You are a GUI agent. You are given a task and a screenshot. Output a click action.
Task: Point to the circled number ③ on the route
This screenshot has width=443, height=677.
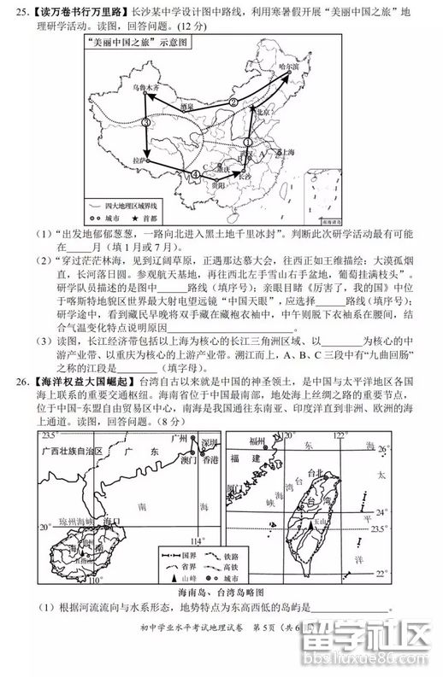pos(146,124)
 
